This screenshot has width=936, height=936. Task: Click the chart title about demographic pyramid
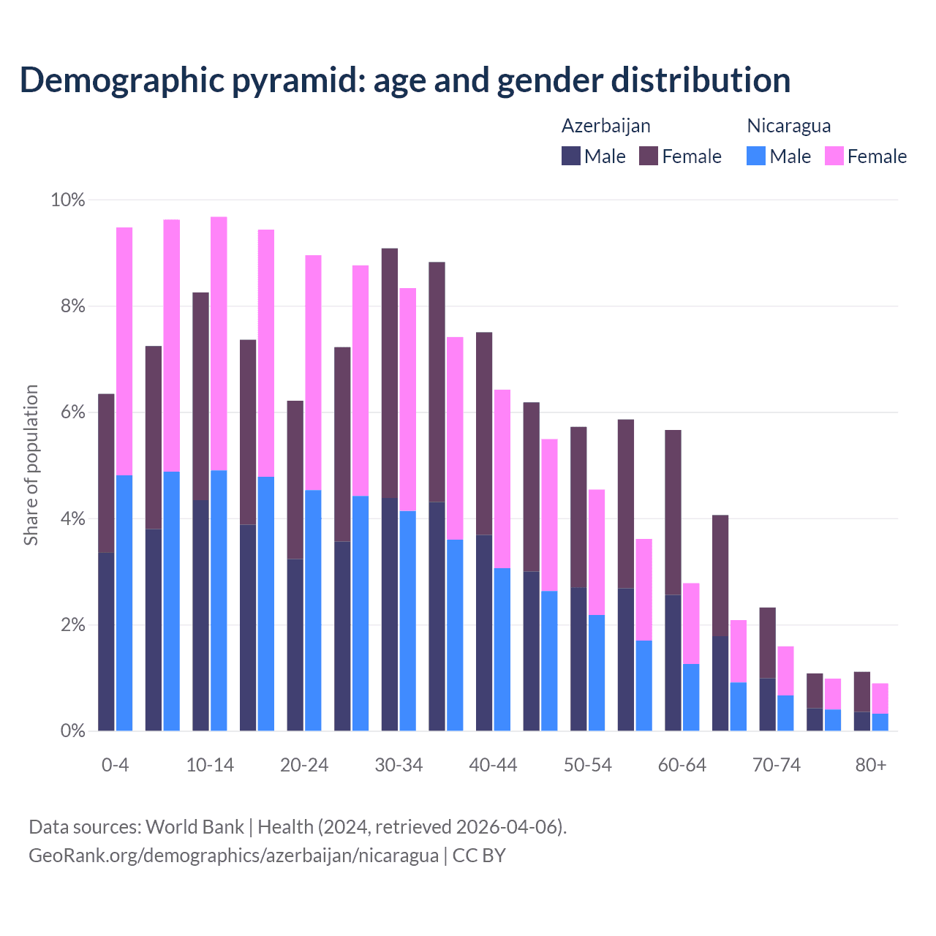(405, 80)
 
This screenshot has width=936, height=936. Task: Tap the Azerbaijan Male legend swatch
(571, 156)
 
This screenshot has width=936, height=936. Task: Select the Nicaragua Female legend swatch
(834, 156)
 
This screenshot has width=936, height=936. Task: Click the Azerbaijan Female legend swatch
(649, 156)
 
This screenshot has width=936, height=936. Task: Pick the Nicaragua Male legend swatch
(756, 156)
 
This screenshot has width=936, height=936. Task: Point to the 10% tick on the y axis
(67, 200)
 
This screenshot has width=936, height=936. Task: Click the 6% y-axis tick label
(72, 412)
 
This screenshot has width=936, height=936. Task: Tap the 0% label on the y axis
(72, 731)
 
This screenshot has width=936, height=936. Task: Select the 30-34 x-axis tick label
(399, 766)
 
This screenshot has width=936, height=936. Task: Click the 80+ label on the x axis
(871, 766)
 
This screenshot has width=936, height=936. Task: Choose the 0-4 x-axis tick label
(116, 766)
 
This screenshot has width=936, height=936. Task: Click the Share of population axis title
(31, 465)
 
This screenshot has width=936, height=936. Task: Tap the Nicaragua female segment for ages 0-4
(124, 351)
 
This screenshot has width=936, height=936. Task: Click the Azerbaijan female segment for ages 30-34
(390, 373)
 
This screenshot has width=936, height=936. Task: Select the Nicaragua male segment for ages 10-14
(219, 600)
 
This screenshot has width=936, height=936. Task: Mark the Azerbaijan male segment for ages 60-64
(673, 663)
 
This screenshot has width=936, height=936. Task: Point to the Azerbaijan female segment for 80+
(862, 691)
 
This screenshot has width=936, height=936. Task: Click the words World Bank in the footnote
(195, 827)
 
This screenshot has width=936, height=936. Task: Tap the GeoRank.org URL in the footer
(233, 856)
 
